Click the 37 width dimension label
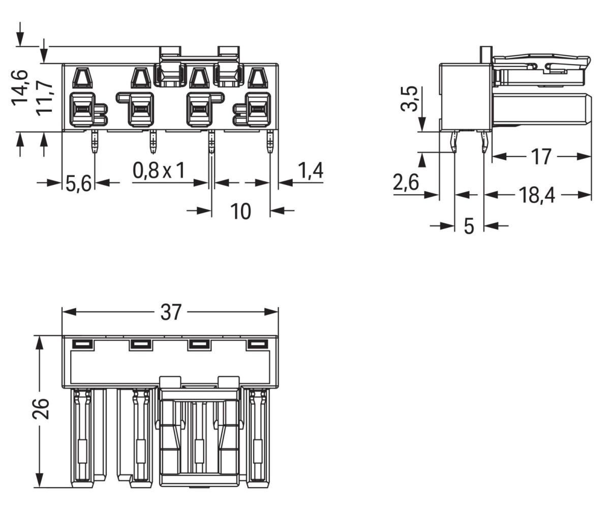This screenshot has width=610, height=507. tap(171, 312)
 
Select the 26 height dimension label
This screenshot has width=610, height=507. tap(41, 408)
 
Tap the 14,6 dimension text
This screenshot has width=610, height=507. tap(20, 87)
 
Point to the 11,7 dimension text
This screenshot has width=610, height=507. tap(45, 98)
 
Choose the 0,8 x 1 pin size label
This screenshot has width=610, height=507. tap(159, 171)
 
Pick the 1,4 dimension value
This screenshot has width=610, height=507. tap(310, 171)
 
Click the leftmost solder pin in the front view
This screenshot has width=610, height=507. tap(95, 142)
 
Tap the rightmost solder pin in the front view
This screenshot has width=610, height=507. tap(270, 142)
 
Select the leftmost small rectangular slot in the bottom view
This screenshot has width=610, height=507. tap(82, 344)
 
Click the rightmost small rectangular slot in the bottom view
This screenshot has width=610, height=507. tap(257, 344)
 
